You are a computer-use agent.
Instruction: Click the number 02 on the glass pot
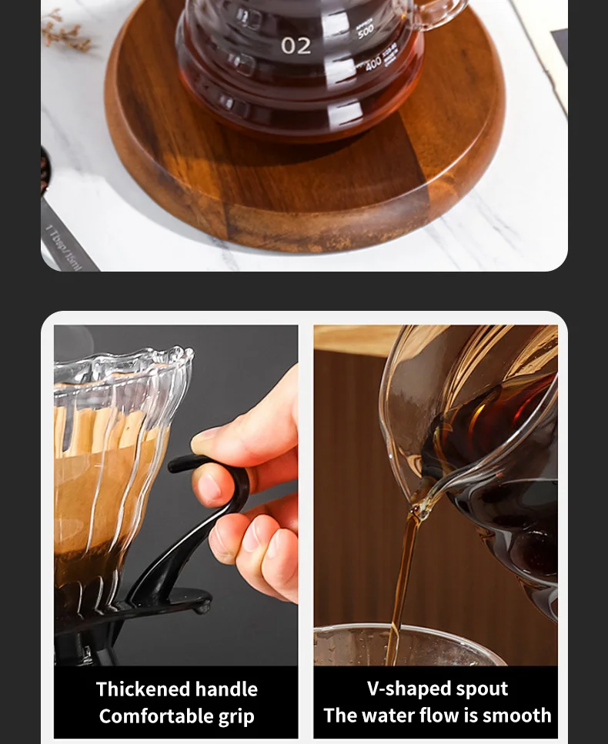[x=296, y=45]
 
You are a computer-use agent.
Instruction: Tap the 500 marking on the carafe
[x=366, y=32]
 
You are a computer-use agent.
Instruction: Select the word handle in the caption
[x=229, y=689]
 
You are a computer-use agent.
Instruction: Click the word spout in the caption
[x=482, y=689]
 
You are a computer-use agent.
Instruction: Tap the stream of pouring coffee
[x=399, y=585]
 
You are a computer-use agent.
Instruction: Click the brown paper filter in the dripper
[x=85, y=492]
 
